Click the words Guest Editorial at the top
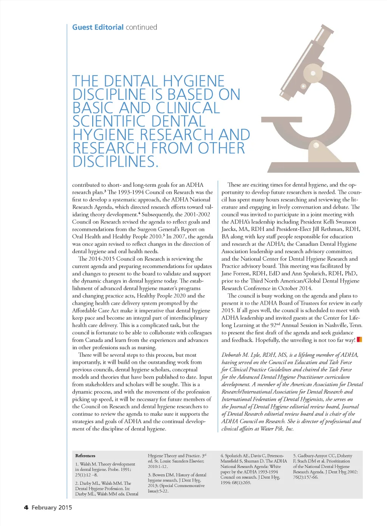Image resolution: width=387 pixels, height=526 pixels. point(98,27)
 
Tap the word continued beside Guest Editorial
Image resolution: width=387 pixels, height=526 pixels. point(141,27)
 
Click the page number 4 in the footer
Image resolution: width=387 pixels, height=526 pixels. point(26,507)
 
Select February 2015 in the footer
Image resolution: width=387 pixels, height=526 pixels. point(52,507)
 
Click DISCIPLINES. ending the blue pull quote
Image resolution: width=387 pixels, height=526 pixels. point(115,162)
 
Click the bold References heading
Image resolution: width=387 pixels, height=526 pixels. point(85,456)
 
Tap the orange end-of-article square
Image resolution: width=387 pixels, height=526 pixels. point(359,339)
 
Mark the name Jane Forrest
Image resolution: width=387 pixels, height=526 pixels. point(237,274)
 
